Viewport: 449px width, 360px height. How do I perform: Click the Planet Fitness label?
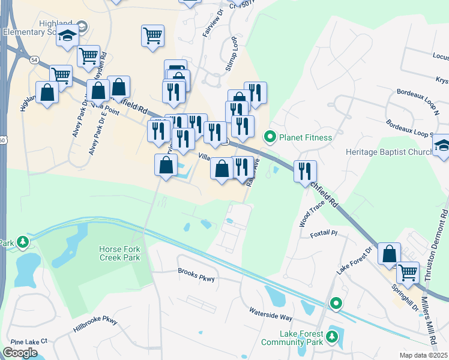coord(305,137)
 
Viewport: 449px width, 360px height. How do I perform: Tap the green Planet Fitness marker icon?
coord(270,137)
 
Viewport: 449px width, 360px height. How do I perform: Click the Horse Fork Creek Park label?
coord(120,253)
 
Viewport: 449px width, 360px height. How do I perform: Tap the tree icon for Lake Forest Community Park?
coord(330,341)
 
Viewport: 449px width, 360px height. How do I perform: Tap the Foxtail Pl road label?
coord(325,232)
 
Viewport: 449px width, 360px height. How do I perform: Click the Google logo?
coord(20,353)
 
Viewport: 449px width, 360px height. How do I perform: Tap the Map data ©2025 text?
coord(423,355)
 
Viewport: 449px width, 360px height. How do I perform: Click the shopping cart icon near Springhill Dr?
coord(408,272)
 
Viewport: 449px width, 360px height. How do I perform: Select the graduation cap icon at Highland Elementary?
coord(68,36)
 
